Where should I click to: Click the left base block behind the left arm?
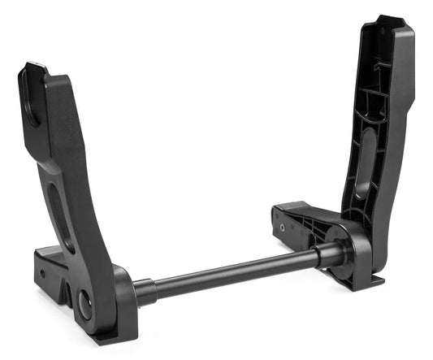tap(51, 264)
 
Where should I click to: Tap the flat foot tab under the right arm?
tap(375, 281)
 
